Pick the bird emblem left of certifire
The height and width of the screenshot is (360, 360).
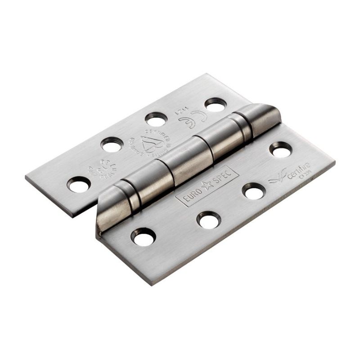(276, 180)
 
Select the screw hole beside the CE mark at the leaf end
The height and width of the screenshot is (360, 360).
(215, 105)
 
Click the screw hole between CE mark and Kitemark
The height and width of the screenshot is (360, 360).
(157, 120)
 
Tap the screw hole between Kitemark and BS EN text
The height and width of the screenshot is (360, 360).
(111, 144)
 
